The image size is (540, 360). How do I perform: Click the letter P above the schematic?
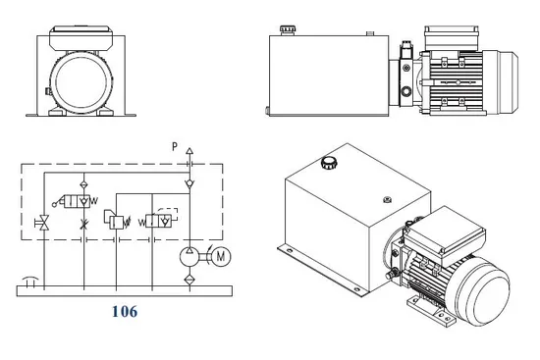[175, 146]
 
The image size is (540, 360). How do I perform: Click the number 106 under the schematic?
[125, 312]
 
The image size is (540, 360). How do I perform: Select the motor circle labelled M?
[221, 256]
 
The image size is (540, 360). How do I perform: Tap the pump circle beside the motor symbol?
[189, 257]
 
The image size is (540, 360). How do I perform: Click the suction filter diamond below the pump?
[189, 280]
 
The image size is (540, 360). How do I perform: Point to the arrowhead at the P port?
[189, 151]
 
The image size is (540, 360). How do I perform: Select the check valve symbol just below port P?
[189, 183]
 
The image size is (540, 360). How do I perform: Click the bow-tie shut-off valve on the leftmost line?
[44, 223]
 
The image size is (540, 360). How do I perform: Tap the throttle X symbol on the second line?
[83, 224]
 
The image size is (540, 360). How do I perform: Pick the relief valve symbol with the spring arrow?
[117, 220]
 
